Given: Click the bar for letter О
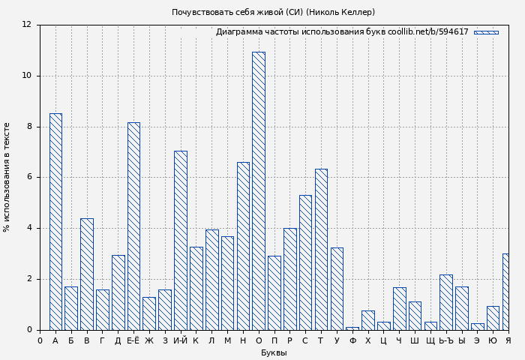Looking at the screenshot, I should (x=259, y=191).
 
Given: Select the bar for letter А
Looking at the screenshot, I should (x=55, y=222).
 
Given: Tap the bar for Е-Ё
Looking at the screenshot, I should (x=133, y=226).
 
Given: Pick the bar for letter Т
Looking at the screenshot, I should (x=321, y=250).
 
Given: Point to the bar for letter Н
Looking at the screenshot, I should (x=243, y=246).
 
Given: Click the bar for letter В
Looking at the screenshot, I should (x=87, y=274).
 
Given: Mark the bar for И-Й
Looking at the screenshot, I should (x=181, y=241).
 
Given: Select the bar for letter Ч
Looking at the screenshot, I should (x=399, y=309).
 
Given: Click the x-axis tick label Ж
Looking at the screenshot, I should (x=149, y=341).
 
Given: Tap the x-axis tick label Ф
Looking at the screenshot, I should (x=352, y=341).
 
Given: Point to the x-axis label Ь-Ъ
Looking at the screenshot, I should (x=446, y=341).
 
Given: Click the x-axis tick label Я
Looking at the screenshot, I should (x=508, y=341).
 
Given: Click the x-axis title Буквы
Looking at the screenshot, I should (x=274, y=353).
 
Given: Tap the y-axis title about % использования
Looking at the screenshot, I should (x=7, y=177).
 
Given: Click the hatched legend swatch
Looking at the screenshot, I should (x=486, y=32).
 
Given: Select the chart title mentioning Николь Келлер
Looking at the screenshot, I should (x=274, y=12).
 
